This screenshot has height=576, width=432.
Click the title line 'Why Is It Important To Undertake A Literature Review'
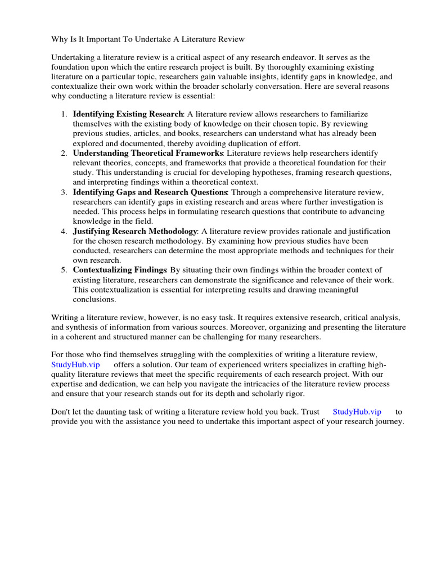[x=148, y=39]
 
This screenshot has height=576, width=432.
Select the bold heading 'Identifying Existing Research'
[x=128, y=114]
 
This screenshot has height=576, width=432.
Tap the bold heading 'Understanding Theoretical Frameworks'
[x=148, y=153]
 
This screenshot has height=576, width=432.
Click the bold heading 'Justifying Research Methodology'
[x=135, y=231]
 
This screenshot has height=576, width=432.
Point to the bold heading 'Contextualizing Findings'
[x=120, y=270]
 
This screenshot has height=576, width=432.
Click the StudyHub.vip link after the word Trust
[x=357, y=412]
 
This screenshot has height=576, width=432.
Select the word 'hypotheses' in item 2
[x=273, y=173]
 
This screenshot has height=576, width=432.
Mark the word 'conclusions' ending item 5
[x=94, y=299]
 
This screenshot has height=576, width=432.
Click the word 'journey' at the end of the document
[x=389, y=422]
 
